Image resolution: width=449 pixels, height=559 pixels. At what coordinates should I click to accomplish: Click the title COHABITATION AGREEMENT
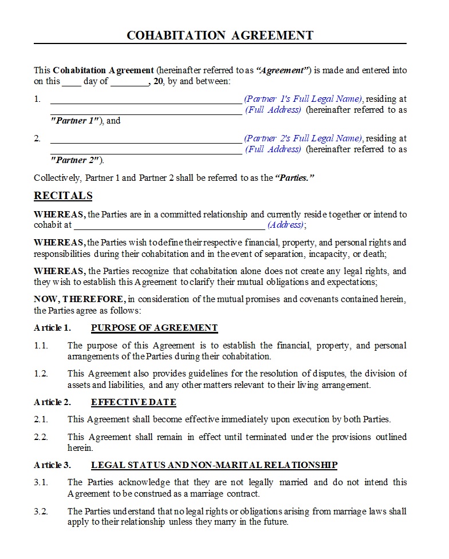(x=220, y=35)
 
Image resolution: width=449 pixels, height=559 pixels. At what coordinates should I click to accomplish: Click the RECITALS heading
(x=63, y=196)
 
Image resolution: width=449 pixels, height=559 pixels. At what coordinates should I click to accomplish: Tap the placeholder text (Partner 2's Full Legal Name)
(x=303, y=138)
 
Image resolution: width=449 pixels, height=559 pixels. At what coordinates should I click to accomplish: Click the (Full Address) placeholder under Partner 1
(x=273, y=110)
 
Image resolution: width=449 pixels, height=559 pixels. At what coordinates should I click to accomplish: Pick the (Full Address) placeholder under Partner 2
(x=273, y=149)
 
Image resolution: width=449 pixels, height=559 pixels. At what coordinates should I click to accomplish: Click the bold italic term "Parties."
(x=295, y=178)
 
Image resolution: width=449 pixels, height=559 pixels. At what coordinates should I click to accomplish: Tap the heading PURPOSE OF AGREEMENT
(x=154, y=328)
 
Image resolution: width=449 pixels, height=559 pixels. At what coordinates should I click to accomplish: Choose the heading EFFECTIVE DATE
(x=133, y=402)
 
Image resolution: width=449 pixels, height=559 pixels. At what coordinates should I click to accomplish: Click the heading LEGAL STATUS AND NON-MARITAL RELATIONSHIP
(x=214, y=465)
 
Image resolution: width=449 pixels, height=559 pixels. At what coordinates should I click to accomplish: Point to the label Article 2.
(x=52, y=402)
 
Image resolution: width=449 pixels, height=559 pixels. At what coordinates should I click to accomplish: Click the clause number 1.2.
(x=41, y=374)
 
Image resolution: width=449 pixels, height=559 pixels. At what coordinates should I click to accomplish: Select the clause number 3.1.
(x=41, y=482)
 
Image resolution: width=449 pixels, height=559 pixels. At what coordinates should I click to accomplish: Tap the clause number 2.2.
(x=41, y=437)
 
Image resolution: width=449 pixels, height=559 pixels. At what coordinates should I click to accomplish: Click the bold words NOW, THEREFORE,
(x=79, y=299)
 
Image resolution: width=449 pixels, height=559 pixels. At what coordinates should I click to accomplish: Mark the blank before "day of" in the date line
(x=72, y=82)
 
